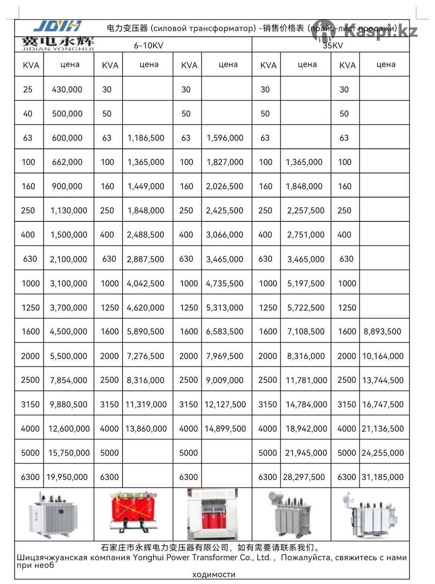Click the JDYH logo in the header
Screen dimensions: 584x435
pos(57,26)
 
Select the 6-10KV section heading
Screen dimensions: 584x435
pos(149,45)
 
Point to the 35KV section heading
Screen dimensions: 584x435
pos(331,46)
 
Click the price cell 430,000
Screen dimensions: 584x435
pos(67,90)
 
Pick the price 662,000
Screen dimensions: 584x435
pos(67,162)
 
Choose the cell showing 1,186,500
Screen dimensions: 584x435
pos(146,138)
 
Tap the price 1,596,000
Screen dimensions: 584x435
pos(225,138)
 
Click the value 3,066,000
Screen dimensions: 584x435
pos(225,235)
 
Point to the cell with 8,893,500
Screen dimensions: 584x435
pos(383,331)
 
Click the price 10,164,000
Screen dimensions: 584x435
pos(383,356)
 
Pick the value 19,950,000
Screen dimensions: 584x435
pos(68,477)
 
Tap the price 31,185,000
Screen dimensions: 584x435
pos(383,477)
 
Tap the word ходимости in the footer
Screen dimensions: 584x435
pos(214,574)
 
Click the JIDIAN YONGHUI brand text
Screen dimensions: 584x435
pos(57,48)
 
